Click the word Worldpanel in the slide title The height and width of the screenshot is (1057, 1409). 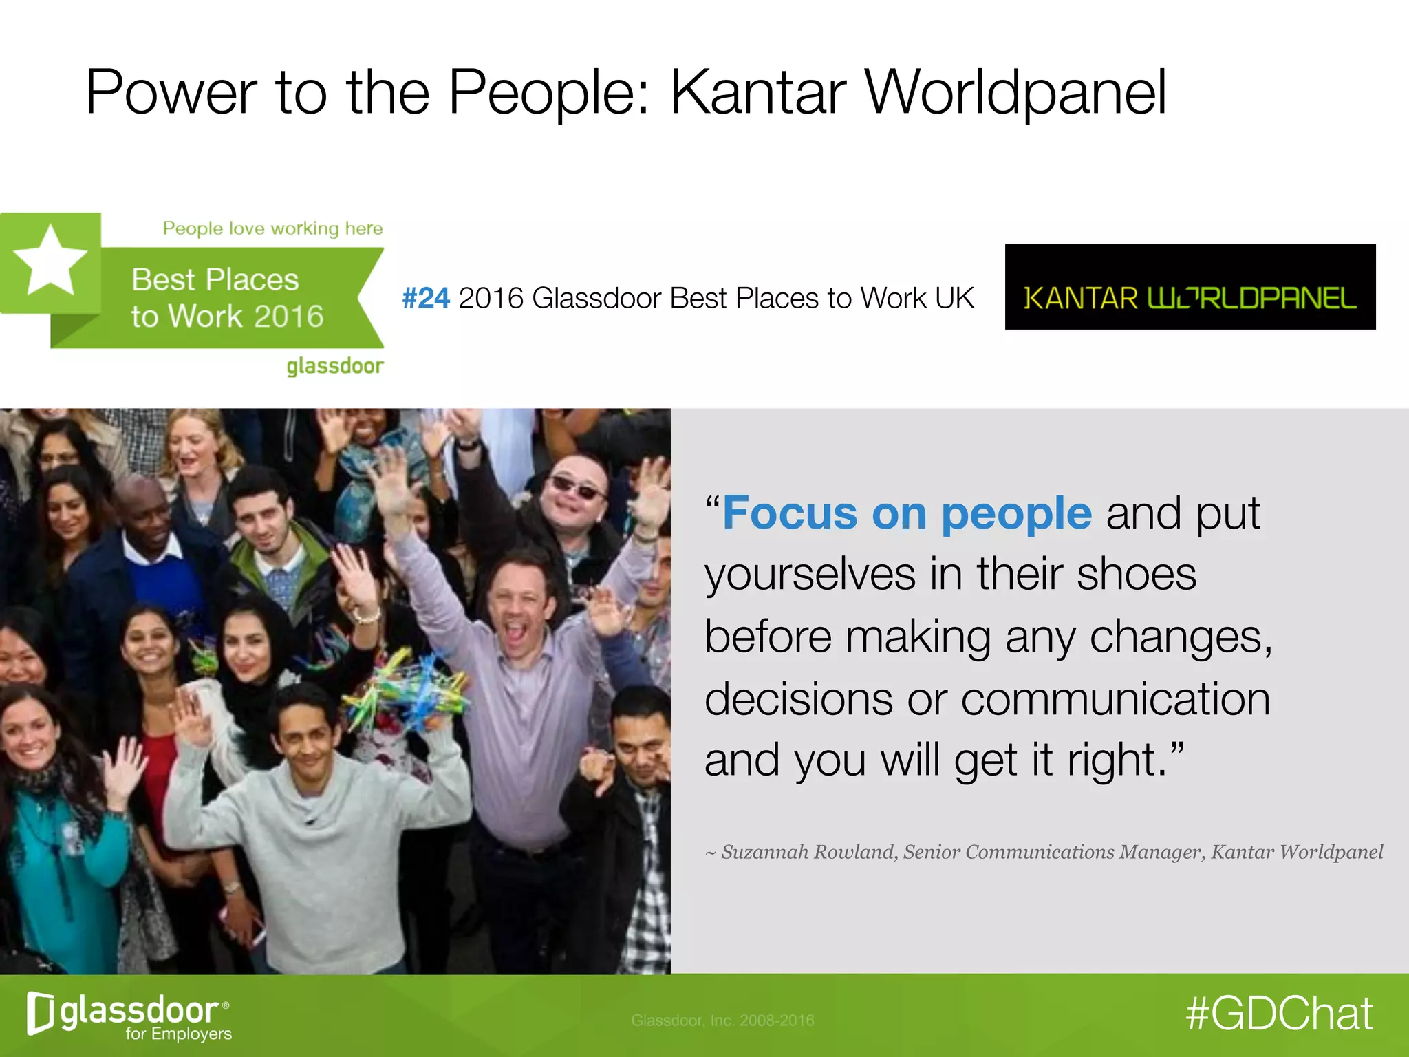1015,93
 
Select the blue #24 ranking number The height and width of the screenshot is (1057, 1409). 426,299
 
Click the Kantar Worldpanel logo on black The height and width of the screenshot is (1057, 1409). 1190,288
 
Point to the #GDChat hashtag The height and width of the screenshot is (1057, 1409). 1279,1014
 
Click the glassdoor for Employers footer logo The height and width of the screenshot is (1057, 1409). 129,1015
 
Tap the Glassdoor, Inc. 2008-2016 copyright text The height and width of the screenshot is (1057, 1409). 722,1021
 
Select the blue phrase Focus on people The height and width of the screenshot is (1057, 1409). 907,513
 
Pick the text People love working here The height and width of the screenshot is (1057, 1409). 272,228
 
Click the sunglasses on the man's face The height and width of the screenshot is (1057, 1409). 577,487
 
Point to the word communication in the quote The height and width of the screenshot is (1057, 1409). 1115,699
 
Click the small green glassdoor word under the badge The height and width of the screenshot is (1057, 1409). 334,366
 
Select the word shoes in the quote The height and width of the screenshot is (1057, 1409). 1137,575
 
